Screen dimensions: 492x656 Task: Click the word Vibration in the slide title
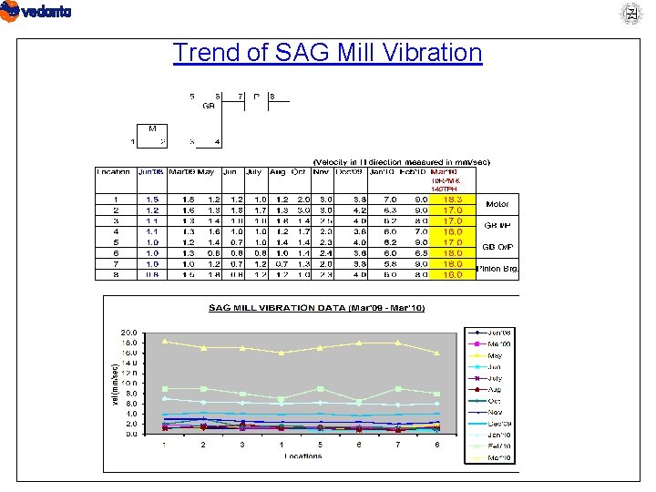pyautogui.click(x=425, y=53)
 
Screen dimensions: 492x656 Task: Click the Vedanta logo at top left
pyautogui.click(x=36, y=12)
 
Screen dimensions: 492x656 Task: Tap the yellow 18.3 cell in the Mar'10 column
pyautogui.click(x=453, y=199)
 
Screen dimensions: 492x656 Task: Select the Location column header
pyautogui.click(x=115, y=171)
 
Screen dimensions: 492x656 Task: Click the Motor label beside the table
pyautogui.click(x=497, y=204)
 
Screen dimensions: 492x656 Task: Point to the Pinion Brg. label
pyautogui.click(x=497, y=269)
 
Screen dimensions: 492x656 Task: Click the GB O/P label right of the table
pyautogui.click(x=497, y=247)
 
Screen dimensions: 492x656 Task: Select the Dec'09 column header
pyautogui.click(x=351, y=171)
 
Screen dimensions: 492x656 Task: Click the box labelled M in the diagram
pyautogui.click(x=152, y=128)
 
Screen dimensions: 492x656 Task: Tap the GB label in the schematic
pyautogui.click(x=208, y=105)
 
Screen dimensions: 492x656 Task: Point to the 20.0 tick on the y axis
pyautogui.click(x=129, y=333)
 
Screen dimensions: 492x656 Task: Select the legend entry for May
pyautogui.click(x=495, y=354)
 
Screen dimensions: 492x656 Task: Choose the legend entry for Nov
pyautogui.click(x=495, y=412)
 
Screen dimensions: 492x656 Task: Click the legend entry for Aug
pyautogui.click(x=495, y=389)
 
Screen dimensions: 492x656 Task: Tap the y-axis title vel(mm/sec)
pyautogui.click(x=113, y=385)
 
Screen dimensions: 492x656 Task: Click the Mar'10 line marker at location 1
pyautogui.click(x=164, y=341)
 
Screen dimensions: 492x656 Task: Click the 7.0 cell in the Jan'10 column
pyautogui.click(x=390, y=199)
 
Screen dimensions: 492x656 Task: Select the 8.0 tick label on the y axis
pyautogui.click(x=130, y=394)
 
